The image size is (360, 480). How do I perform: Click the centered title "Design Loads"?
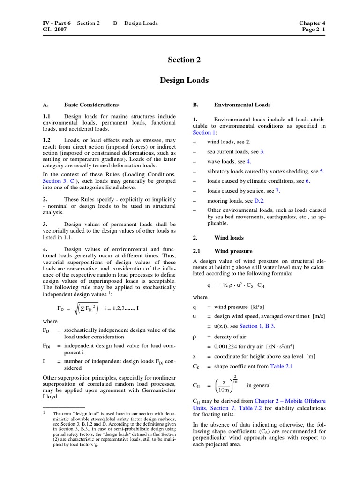(184, 81)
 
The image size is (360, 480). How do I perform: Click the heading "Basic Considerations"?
(91, 105)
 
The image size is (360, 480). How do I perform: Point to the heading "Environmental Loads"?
(242, 105)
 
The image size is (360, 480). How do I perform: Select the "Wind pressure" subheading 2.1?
(233, 251)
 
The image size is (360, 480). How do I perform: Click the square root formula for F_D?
(83, 308)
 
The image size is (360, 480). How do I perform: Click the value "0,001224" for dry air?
(227, 346)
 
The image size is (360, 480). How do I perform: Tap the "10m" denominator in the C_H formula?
(224, 389)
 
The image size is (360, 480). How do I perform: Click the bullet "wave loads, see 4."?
(232, 161)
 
